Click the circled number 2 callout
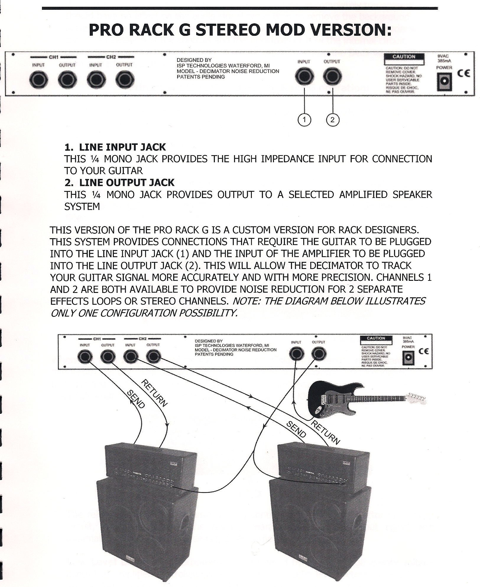(x=333, y=120)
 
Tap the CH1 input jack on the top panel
(x=39, y=79)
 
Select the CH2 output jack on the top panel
(x=125, y=79)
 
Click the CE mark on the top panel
(x=464, y=73)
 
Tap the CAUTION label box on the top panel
(x=404, y=59)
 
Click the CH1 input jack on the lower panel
(x=85, y=357)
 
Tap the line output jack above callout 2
(x=333, y=77)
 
